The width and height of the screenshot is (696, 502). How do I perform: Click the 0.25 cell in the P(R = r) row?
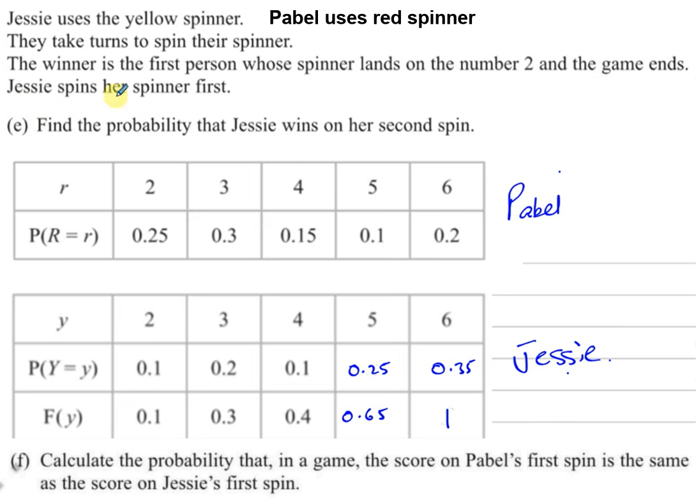pyautogui.click(x=149, y=235)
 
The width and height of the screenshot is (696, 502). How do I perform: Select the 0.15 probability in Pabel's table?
pyautogui.click(x=298, y=235)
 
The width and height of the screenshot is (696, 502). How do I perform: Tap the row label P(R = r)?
pyautogui.click(x=63, y=235)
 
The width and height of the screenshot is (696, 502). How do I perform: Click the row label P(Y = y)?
pyautogui.click(x=63, y=368)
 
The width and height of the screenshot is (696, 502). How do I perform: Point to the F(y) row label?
pyautogui.click(x=63, y=417)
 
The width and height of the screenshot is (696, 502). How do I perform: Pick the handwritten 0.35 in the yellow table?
pyautogui.click(x=452, y=369)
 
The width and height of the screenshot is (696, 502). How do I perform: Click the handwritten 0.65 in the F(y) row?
pyautogui.click(x=365, y=415)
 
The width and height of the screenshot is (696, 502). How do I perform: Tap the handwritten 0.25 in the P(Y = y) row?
pyautogui.click(x=368, y=369)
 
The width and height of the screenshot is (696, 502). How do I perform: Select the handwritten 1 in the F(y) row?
pyautogui.click(x=448, y=418)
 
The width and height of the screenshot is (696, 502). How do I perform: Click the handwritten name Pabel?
pyautogui.click(x=534, y=202)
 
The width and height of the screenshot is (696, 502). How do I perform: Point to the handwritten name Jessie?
pyautogui.click(x=560, y=356)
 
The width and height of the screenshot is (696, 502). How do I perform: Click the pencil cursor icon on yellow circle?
pyautogui.click(x=120, y=89)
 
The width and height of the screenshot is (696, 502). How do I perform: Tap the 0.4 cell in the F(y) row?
pyautogui.click(x=298, y=417)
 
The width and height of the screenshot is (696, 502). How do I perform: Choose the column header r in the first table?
pyautogui.click(x=63, y=188)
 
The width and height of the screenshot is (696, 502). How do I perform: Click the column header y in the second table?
pyautogui.click(x=63, y=321)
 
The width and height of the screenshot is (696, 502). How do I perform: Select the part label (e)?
pyautogui.click(x=17, y=126)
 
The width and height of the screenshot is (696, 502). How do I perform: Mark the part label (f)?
pyautogui.click(x=20, y=460)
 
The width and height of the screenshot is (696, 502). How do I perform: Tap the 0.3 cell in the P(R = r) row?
pyautogui.click(x=223, y=235)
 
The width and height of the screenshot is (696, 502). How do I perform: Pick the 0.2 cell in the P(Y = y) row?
pyautogui.click(x=223, y=369)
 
